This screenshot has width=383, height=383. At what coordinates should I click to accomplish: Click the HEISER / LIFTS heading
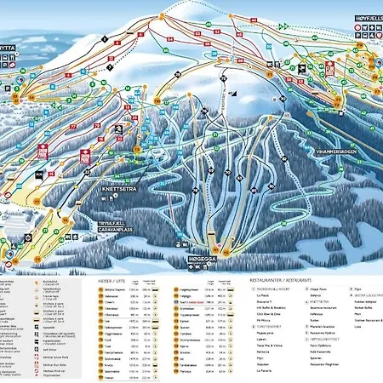[116, 278]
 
